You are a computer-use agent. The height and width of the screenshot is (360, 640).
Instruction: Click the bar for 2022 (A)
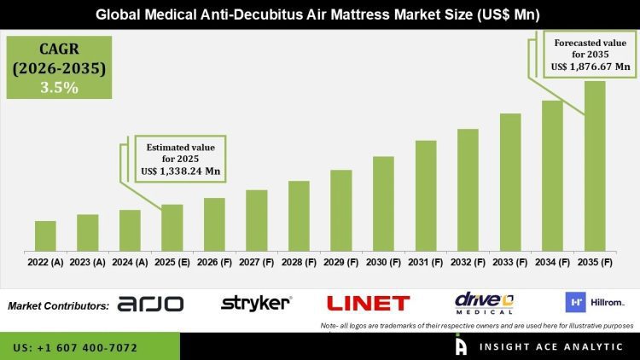45,235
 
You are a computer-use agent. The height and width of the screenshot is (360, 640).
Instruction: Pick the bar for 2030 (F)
383,203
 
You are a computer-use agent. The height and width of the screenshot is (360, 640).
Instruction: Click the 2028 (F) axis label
299,263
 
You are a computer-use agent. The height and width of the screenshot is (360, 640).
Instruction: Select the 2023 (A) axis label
87,263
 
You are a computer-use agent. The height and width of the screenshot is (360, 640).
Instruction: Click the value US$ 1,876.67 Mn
591,66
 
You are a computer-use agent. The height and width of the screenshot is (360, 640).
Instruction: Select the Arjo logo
150,304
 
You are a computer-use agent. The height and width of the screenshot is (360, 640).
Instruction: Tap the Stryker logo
256,303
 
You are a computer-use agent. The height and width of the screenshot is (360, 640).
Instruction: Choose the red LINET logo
368,303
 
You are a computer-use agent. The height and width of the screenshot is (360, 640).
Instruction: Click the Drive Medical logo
484,303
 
